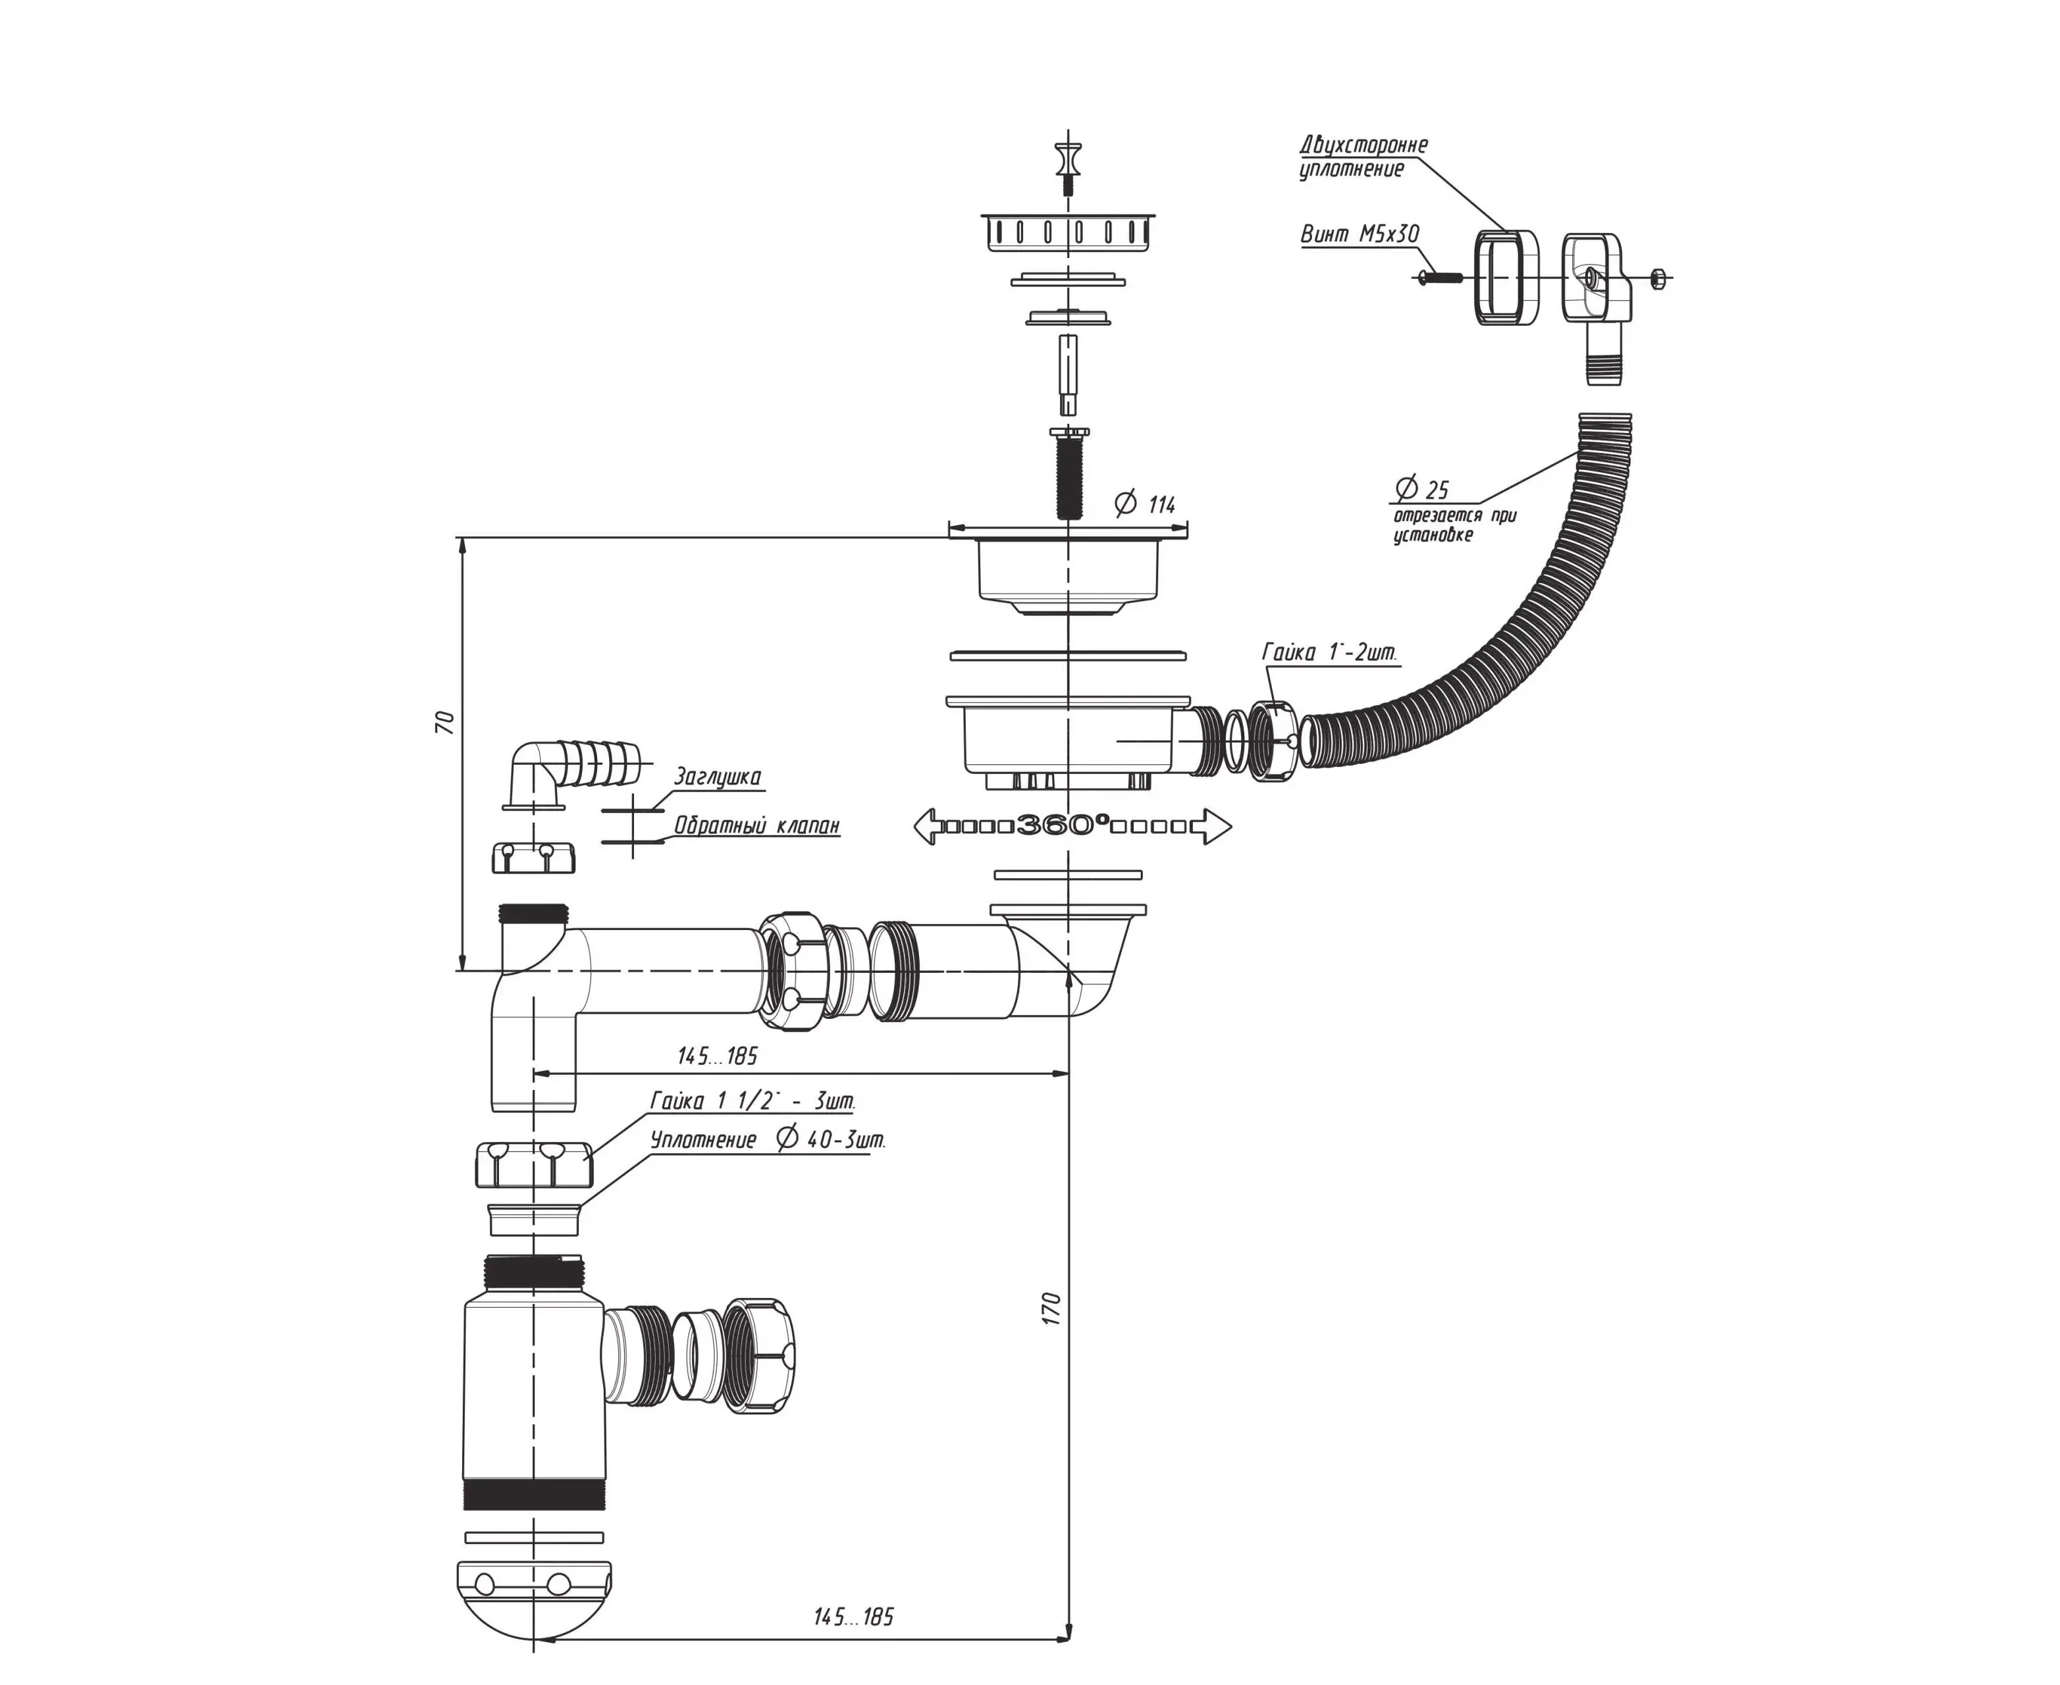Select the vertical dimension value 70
(x=446, y=722)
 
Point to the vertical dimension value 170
(x=1053, y=1309)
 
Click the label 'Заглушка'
(x=718, y=777)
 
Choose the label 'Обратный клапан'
(x=757, y=826)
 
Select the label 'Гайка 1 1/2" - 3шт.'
(x=753, y=1101)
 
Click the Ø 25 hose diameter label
(x=1421, y=488)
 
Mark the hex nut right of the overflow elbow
(x=1657, y=278)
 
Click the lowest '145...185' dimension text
(x=853, y=1616)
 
